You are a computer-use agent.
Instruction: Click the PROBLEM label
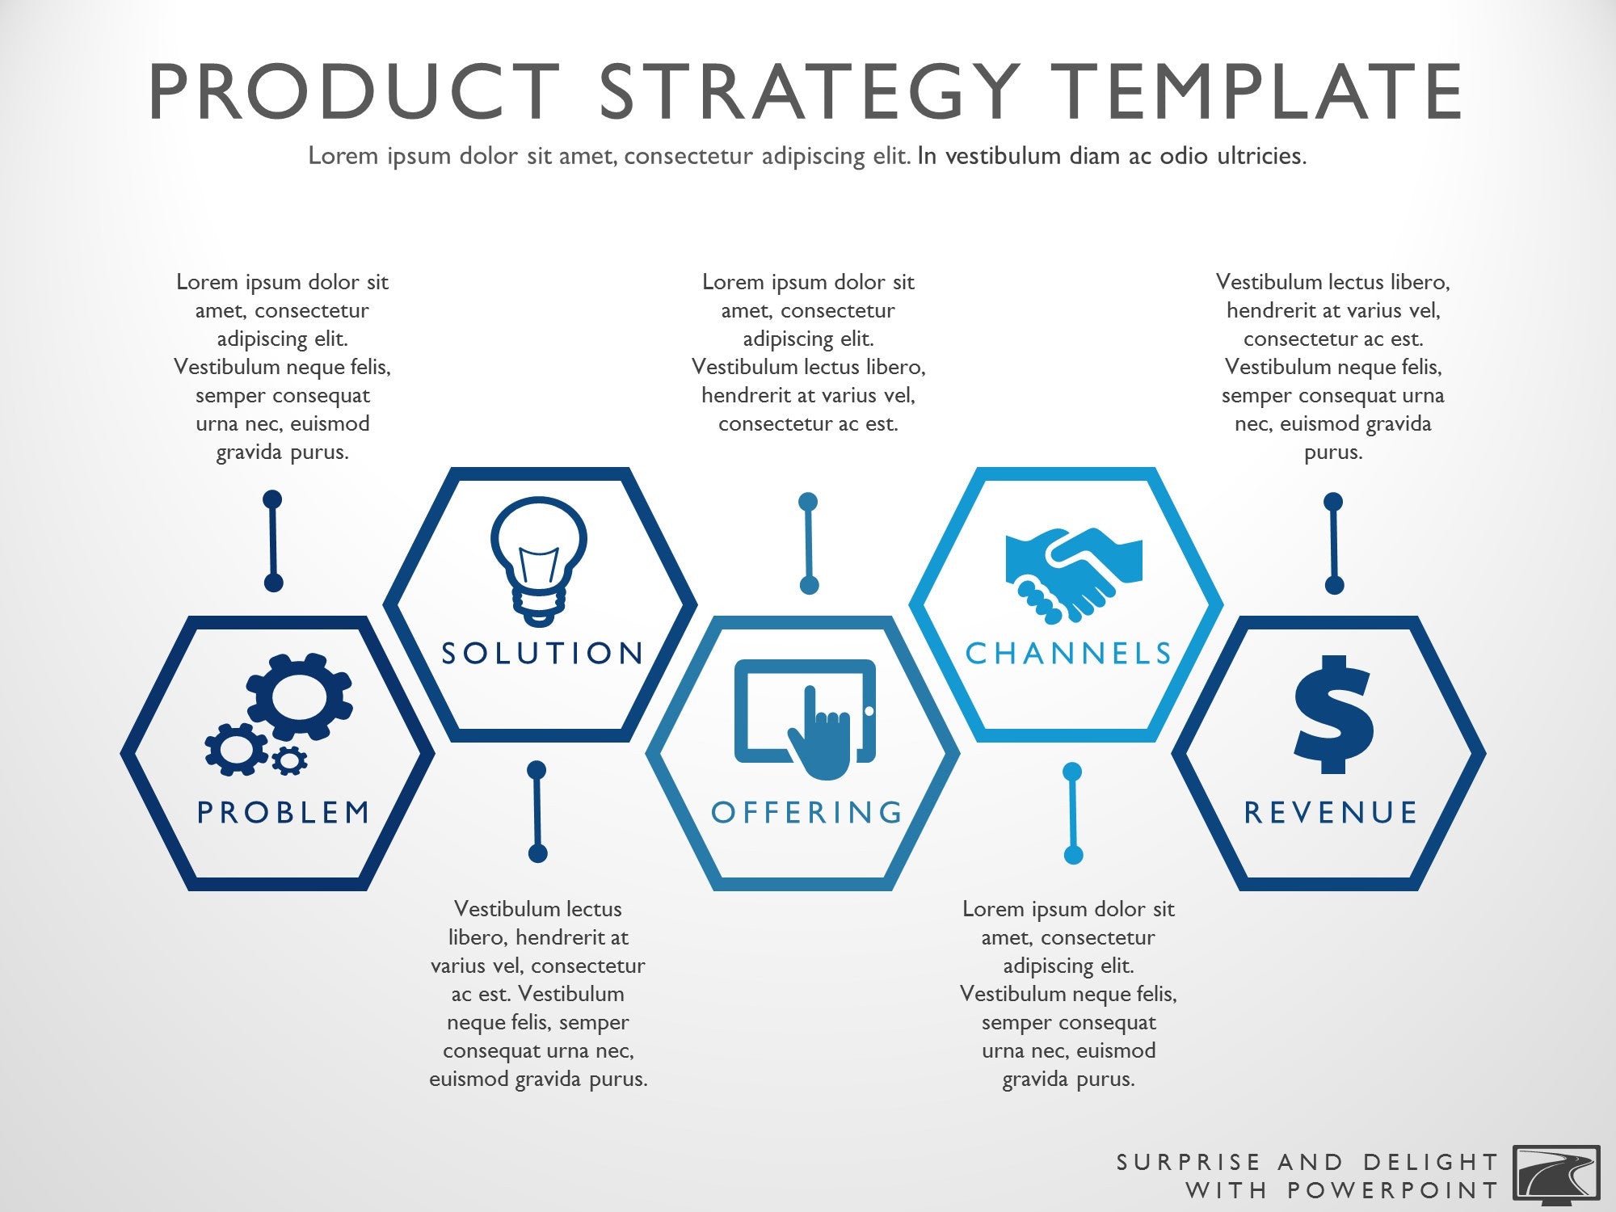pos(284,812)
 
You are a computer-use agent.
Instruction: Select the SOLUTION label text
pos(542,653)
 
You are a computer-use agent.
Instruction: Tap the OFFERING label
pos(807,812)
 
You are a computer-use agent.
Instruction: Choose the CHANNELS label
pos(1069,653)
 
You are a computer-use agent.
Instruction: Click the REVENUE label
pos(1331,812)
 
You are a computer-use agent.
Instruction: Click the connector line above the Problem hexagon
pos(273,541)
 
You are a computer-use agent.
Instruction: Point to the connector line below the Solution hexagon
pos(537,811)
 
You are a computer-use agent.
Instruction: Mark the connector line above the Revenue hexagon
pos(1333,543)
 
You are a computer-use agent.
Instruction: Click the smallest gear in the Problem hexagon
pos(288,760)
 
